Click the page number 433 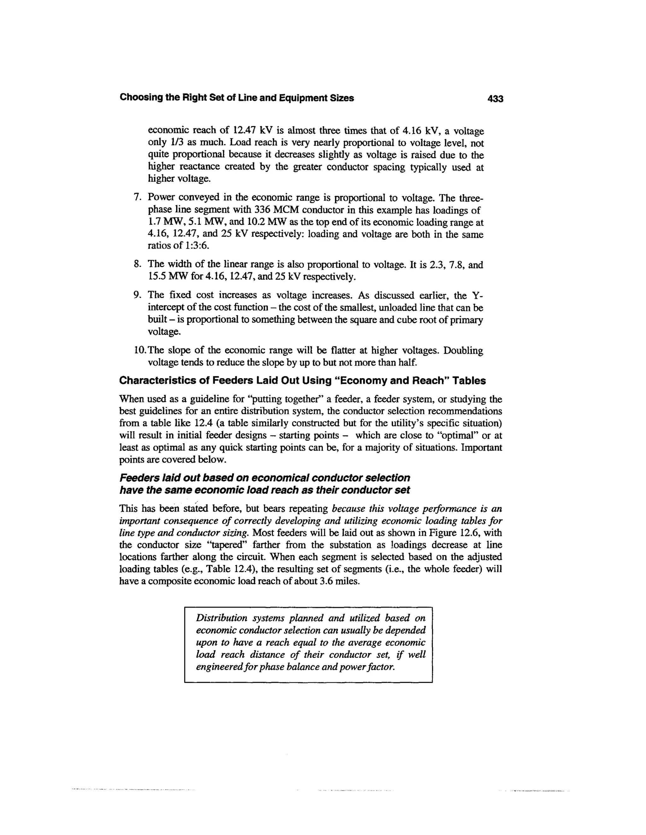[x=495, y=99]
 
